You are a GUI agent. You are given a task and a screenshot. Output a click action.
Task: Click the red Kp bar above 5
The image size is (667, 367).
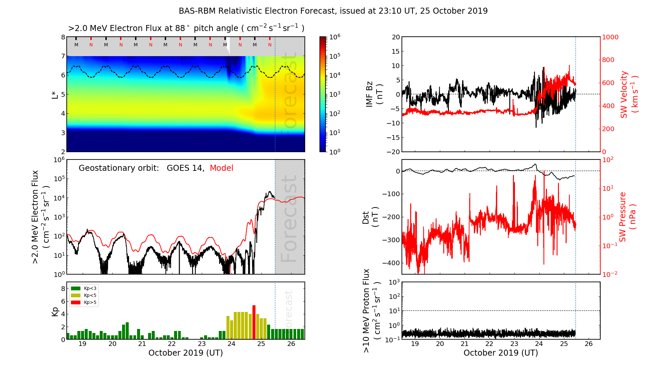[x=254, y=322]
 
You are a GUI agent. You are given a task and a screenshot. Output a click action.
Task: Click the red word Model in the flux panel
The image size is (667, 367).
[x=221, y=168]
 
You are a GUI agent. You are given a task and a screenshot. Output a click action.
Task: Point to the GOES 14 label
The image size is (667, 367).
[x=185, y=168]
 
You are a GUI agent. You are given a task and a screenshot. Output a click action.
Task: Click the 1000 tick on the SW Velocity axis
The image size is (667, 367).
[x=610, y=37]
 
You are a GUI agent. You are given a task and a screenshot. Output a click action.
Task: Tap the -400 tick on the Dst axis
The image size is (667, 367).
[x=391, y=263]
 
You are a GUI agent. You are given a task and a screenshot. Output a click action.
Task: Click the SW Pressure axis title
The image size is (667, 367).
[x=627, y=217]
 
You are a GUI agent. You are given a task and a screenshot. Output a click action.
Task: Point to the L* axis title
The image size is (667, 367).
[x=55, y=94]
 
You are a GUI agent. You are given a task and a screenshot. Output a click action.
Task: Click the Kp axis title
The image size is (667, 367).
[x=55, y=311]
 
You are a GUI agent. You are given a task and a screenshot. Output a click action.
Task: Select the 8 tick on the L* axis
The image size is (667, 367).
[x=63, y=37]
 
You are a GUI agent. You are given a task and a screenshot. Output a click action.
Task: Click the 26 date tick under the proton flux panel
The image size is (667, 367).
[x=589, y=344]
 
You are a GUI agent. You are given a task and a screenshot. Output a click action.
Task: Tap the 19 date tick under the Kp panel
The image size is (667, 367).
[x=82, y=344]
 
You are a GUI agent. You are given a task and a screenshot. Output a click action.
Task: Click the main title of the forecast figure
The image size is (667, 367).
[x=333, y=11]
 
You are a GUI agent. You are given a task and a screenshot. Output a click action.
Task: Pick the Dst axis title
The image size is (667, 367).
[x=370, y=217]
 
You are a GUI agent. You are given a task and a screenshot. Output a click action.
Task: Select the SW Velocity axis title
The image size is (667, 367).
[x=628, y=94]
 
